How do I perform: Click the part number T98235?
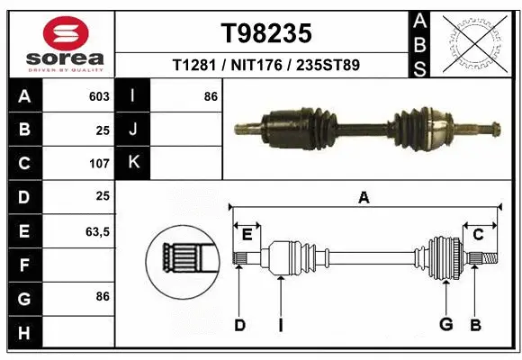[x=267, y=33]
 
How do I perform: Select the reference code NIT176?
[x=267, y=66]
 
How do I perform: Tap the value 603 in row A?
[x=98, y=96]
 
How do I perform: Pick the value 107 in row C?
[x=98, y=164]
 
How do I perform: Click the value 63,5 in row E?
[x=96, y=231]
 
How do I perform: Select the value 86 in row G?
[x=102, y=296]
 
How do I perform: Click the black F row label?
[x=23, y=265]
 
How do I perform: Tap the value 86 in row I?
[x=211, y=96]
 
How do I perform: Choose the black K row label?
[x=133, y=163]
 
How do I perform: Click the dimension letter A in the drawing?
[x=364, y=198]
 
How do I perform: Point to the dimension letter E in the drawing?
[x=247, y=235]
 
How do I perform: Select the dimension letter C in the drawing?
[x=479, y=235]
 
